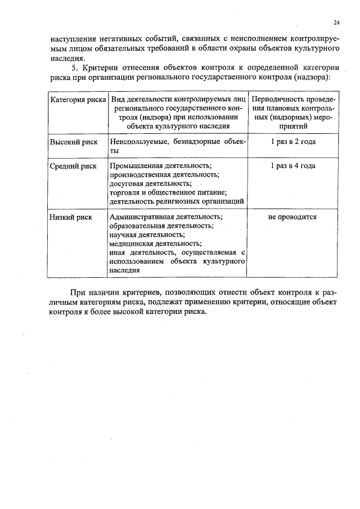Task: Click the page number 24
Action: [336, 22]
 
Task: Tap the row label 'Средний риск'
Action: [73, 166]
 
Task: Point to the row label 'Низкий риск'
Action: [70, 217]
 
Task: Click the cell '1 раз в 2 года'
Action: [292, 142]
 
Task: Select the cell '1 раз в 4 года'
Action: [292, 166]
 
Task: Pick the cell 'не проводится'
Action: [292, 217]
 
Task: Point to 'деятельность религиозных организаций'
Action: [176, 201]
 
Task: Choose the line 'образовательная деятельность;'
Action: [161, 226]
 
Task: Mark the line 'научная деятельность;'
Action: [146, 235]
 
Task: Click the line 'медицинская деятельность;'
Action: [155, 244]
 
